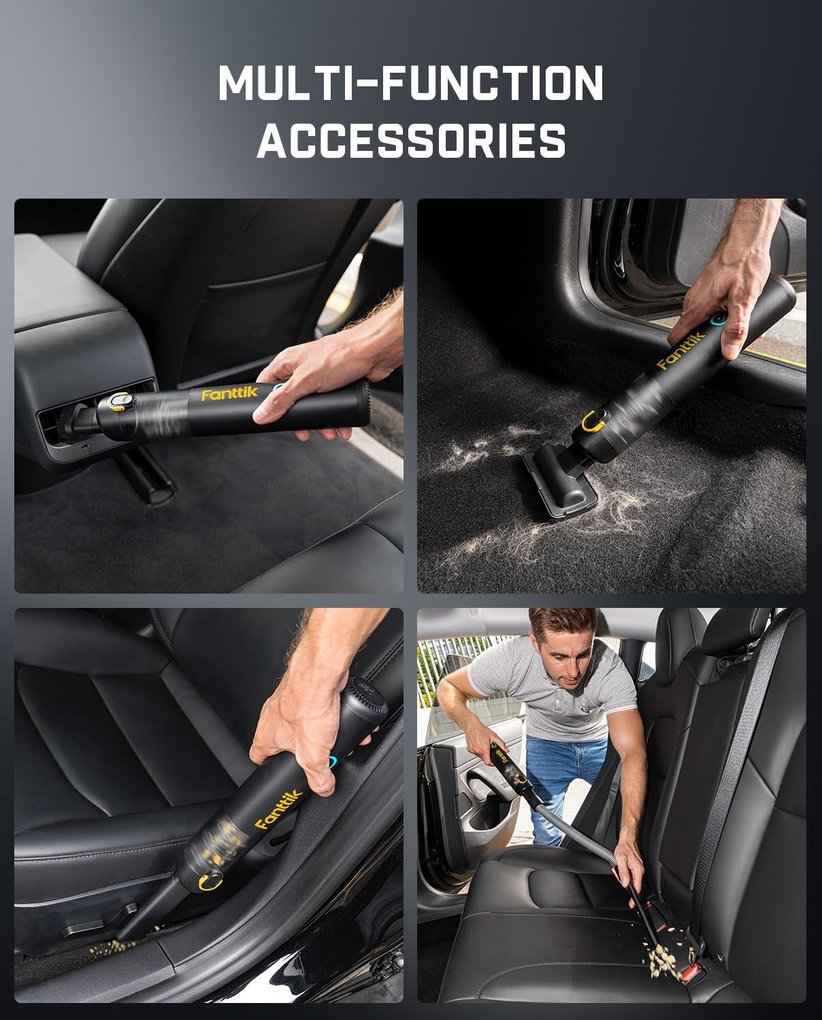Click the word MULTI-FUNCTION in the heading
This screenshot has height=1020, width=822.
410,82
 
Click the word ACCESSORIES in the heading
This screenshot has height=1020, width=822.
410,140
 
